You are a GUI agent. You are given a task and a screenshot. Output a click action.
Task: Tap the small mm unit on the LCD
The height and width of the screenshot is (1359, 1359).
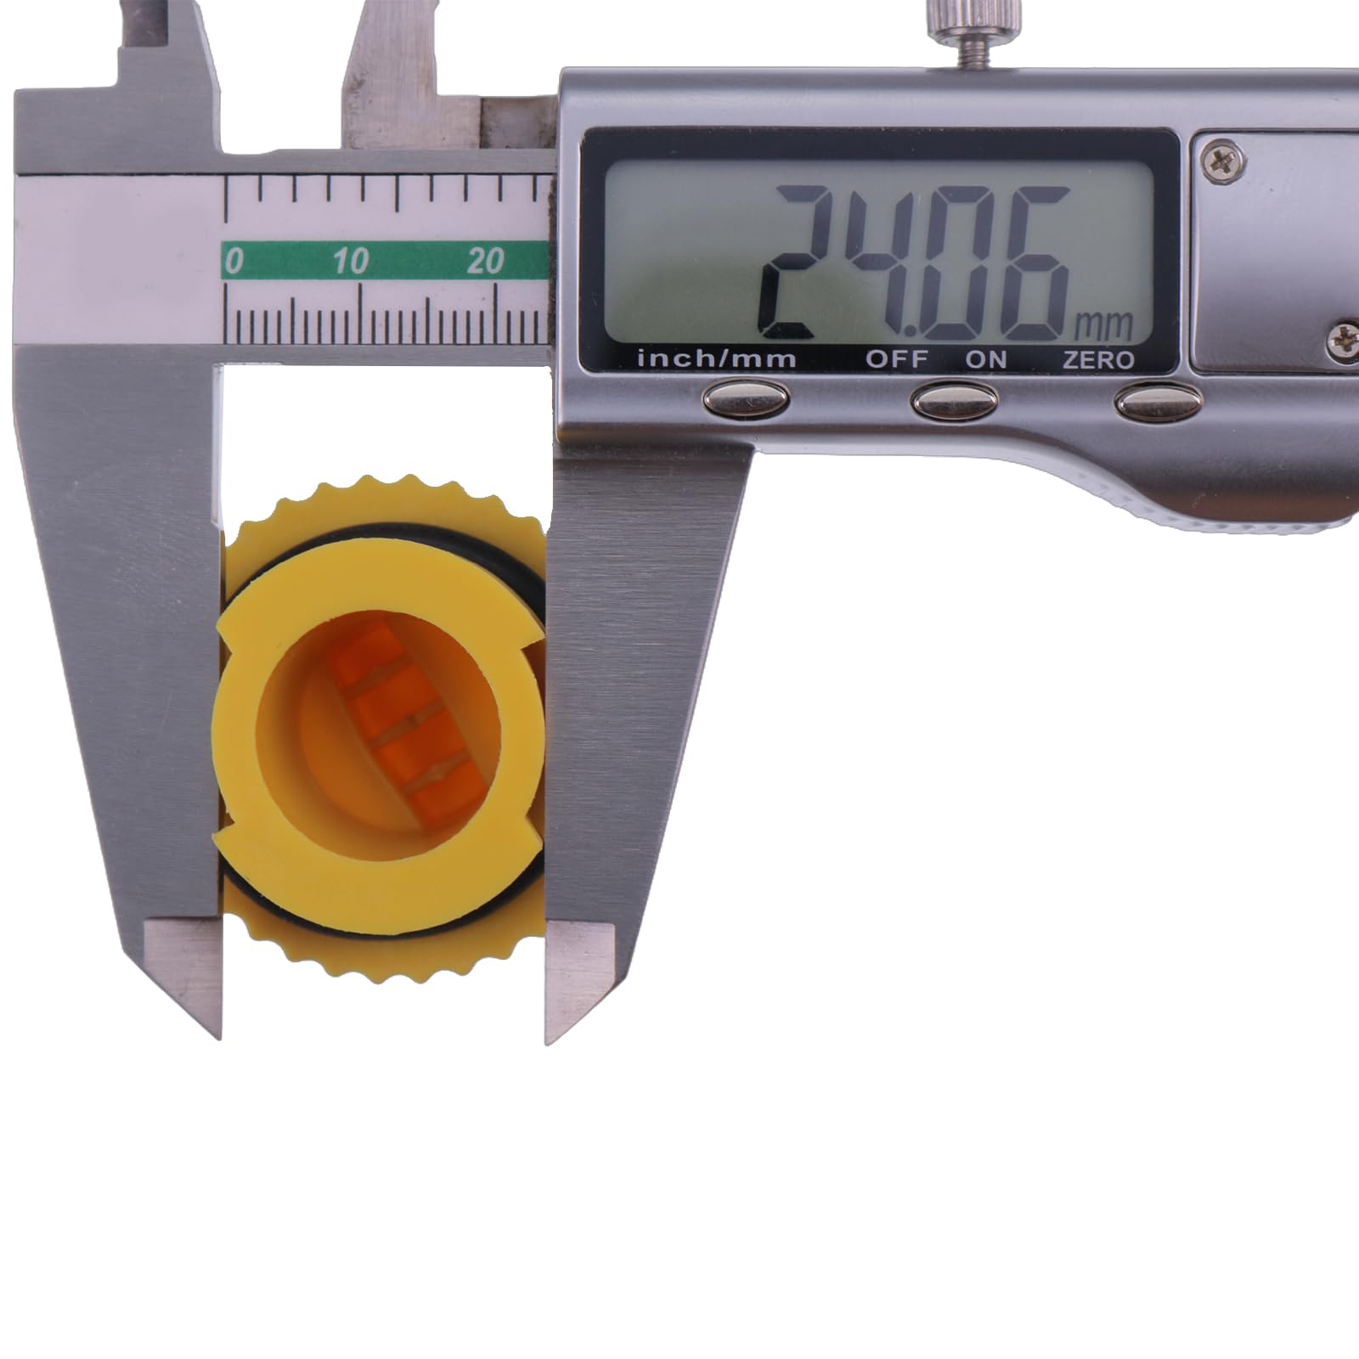coord(1104,324)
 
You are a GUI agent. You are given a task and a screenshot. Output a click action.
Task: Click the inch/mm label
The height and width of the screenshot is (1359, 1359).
coord(716,359)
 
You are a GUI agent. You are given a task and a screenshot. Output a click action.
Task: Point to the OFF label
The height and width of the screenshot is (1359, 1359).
coord(896,359)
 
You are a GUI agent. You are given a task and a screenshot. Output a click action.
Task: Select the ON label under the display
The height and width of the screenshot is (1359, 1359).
coord(985,359)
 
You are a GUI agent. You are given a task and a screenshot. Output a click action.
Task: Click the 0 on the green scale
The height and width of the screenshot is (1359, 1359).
coord(234,261)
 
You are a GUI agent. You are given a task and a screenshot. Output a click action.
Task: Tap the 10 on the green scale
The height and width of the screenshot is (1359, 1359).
coord(350,261)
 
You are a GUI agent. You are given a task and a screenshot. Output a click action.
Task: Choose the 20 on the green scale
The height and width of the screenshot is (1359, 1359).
coord(485,261)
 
